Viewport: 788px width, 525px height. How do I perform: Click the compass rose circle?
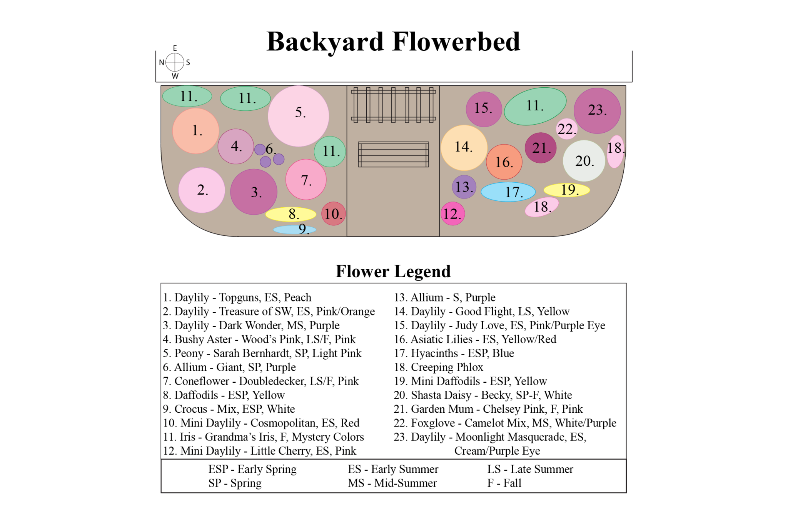click(175, 62)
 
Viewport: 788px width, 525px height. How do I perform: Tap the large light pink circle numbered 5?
click(298, 116)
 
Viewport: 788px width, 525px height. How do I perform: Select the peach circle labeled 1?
click(195, 131)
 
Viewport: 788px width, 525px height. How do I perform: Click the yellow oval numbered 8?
click(290, 214)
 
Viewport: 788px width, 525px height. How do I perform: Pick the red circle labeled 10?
click(333, 213)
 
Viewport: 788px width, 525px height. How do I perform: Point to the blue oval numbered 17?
click(508, 192)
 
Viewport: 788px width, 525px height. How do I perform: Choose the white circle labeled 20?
click(584, 161)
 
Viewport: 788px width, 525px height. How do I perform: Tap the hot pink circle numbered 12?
click(452, 213)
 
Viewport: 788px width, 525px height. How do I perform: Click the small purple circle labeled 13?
click(464, 187)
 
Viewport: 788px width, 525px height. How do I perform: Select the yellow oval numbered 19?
click(566, 190)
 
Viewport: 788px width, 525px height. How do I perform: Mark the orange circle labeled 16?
click(504, 162)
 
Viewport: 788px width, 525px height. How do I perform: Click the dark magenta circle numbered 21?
click(540, 148)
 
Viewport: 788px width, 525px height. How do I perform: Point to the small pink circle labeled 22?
click(566, 129)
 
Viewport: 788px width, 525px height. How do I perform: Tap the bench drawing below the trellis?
click(393, 155)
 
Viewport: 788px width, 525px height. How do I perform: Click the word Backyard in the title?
click(325, 42)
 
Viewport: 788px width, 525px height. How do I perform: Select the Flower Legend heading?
click(393, 272)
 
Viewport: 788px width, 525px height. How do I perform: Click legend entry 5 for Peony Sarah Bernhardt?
click(262, 353)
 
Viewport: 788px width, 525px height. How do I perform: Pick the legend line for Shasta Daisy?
click(482, 395)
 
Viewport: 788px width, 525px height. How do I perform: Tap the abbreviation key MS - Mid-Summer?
click(392, 483)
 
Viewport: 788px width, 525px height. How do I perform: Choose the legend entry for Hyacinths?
click(454, 353)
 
